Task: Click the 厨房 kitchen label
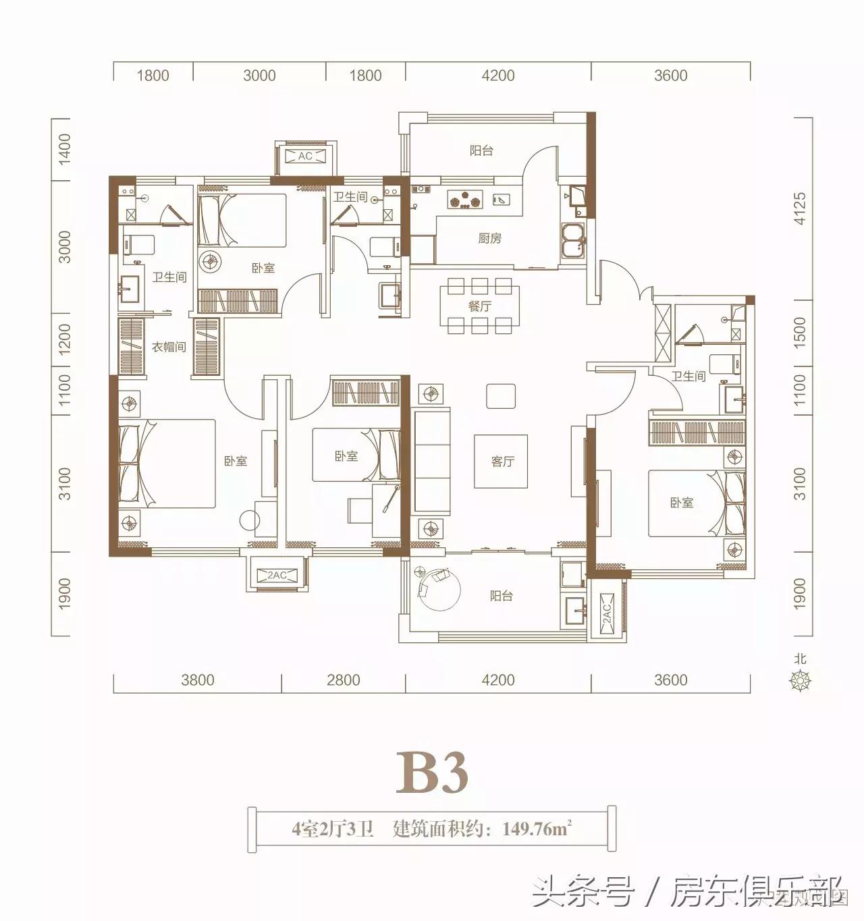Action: tap(489, 238)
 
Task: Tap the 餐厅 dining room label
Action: tap(479, 306)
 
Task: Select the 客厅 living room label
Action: tap(502, 462)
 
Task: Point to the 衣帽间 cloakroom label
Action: tap(168, 347)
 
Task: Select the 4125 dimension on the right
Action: tap(800, 208)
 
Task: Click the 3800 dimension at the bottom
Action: tap(198, 679)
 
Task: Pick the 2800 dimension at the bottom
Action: tap(344, 679)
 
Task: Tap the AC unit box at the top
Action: tap(305, 157)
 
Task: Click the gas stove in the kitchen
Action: tap(465, 199)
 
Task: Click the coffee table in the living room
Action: tap(500, 461)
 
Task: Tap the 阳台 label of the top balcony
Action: tap(481, 150)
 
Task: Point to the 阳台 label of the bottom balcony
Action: tap(501, 596)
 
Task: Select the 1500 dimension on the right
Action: tap(800, 332)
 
